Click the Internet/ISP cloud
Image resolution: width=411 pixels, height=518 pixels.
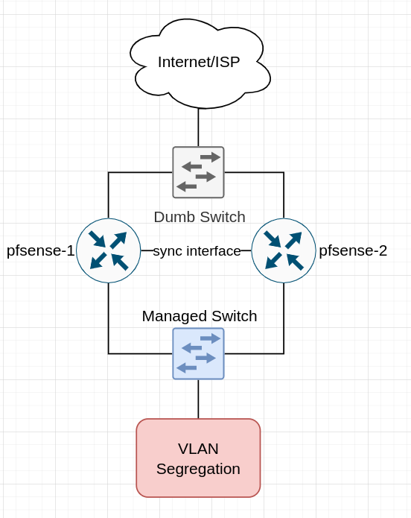point(200,63)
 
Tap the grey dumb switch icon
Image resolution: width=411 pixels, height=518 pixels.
point(198,172)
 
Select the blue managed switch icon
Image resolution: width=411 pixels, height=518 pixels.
point(198,353)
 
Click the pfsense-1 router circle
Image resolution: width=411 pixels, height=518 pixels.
point(108,250)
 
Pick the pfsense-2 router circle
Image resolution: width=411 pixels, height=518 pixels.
point(284,250)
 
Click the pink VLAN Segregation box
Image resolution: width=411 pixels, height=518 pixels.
point(198,458)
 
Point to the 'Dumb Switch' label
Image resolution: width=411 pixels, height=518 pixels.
point(200,217)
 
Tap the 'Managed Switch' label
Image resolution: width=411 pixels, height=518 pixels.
point(200,316)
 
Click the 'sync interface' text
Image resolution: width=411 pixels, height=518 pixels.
point(197,250)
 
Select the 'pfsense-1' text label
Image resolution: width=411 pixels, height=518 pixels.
point(41,250)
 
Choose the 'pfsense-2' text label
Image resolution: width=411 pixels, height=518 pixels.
point(353,250)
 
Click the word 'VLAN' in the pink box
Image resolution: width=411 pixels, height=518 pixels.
point(198,449)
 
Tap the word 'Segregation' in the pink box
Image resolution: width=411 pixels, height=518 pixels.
point(198,469)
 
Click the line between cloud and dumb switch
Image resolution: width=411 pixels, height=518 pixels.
point(198,127)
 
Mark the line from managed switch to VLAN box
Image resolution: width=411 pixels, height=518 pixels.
point(198,399)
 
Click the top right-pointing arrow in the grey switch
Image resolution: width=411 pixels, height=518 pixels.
point(210,157)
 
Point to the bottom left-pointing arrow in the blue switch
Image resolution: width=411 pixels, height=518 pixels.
point(187,367)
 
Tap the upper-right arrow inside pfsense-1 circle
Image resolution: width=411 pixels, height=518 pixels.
point(118,240)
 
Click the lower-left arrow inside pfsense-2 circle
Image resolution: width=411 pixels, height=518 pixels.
point(273,261)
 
